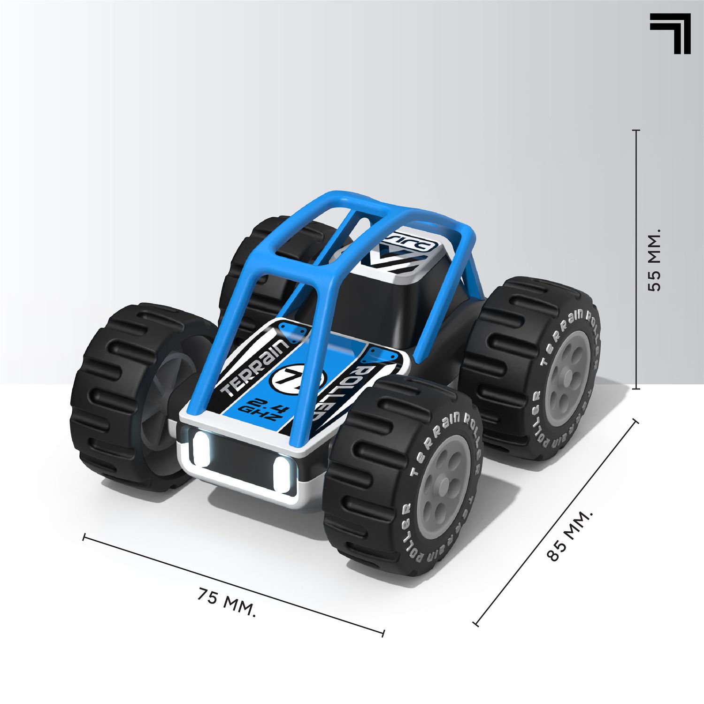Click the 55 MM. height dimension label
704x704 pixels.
point(653,260)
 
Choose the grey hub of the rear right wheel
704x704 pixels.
point(567,371)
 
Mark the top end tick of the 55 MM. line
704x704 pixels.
point(636,130)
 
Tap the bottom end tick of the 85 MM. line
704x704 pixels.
point(476,624)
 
